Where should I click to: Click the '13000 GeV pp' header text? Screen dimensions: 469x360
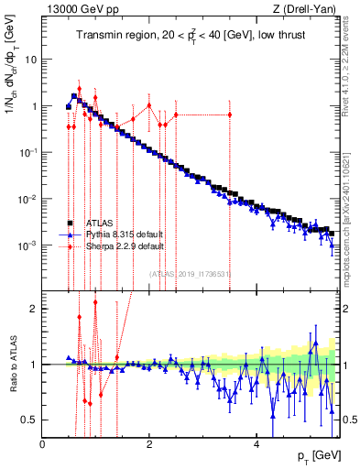[x=75, y=9]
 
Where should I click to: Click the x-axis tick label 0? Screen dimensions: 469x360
[x=43, y=444]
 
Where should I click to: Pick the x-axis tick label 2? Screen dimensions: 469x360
[x=150, y=444]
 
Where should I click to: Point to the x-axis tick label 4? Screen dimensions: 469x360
[x=257, y=444]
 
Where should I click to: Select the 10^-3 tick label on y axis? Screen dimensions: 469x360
[x=27, y=245]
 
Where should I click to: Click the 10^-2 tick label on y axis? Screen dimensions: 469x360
[x=27, y=199]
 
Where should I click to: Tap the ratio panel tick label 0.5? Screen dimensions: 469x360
[x=29, y=420]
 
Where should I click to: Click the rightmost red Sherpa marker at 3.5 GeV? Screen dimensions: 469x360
[x=230, y=115]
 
